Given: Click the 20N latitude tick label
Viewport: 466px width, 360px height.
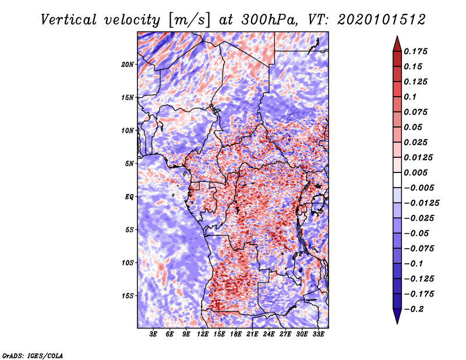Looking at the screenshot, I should pos(128,64).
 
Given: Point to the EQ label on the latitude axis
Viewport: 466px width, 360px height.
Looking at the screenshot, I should pos(129,197).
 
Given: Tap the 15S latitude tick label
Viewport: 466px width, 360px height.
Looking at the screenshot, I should pos(128,296).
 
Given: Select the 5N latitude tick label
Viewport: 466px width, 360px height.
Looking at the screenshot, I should pos(129,164).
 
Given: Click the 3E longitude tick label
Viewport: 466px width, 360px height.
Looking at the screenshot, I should pos(154,334).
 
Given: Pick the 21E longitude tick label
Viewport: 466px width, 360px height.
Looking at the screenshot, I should pos(252,334).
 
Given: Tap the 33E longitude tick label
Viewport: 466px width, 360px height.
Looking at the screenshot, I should pos(318,334).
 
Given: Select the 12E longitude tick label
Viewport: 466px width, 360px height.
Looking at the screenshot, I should pos(203,334).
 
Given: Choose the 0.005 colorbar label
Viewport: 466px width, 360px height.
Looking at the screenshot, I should pos(417,173).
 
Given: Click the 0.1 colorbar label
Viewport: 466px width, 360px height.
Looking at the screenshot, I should pos(410,97).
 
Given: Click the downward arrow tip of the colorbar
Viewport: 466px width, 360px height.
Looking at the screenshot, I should pos(396,322).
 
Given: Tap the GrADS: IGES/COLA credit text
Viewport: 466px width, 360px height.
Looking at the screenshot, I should pos(32,355).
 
